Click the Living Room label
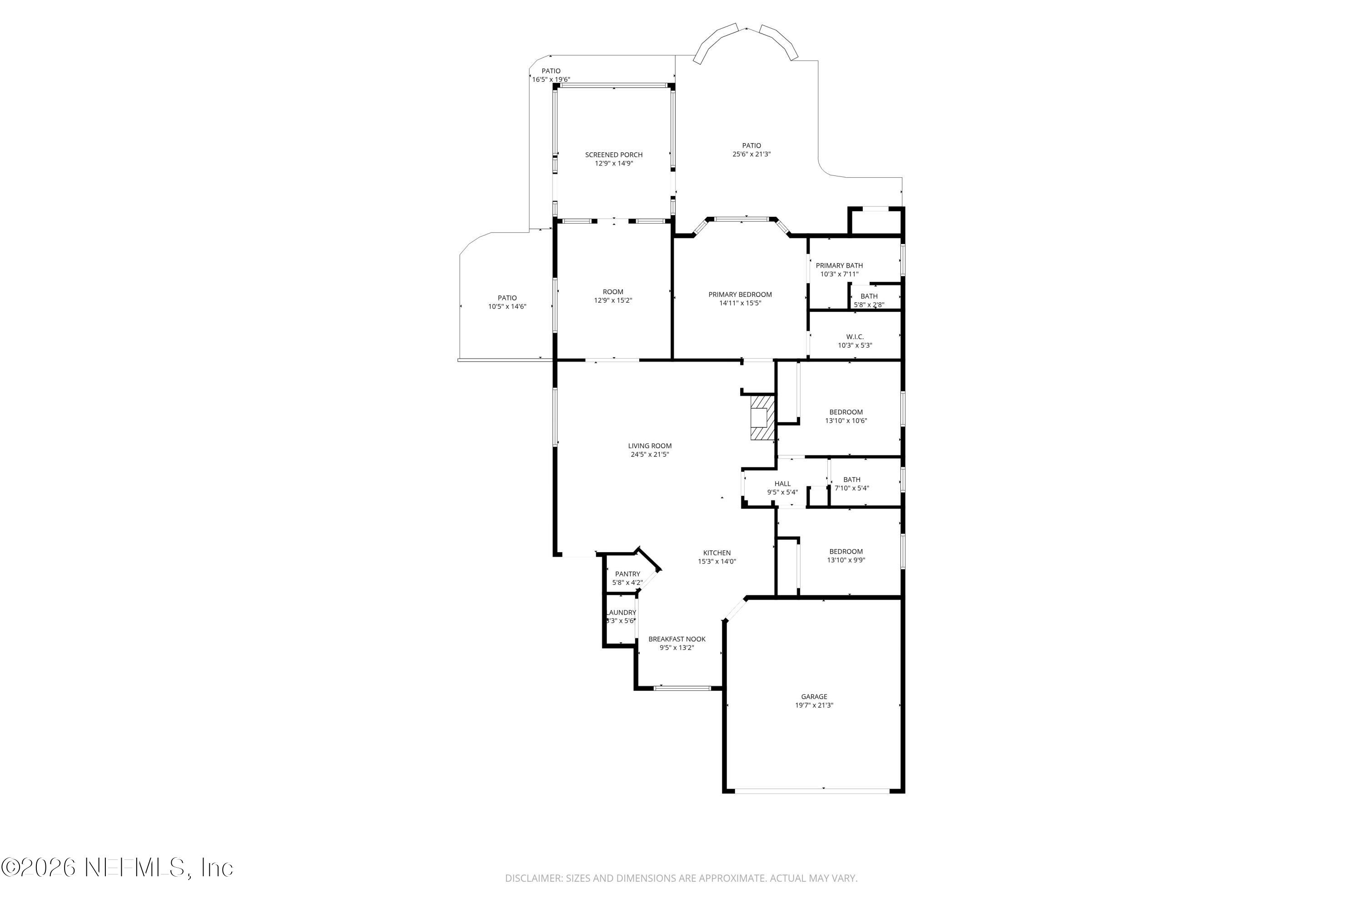650,446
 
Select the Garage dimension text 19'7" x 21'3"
814,705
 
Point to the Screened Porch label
614,155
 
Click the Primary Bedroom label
740,295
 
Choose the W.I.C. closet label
855,337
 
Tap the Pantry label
627,574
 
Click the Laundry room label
621,613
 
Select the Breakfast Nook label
677,639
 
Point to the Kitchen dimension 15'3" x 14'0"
717,562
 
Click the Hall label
782,484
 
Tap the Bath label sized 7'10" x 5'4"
851,479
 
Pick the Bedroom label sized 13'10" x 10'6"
846,412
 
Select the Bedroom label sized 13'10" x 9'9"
846,551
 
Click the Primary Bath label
839,265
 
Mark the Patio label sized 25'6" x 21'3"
751,145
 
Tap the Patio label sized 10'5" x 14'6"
507,298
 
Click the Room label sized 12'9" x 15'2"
612,292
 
